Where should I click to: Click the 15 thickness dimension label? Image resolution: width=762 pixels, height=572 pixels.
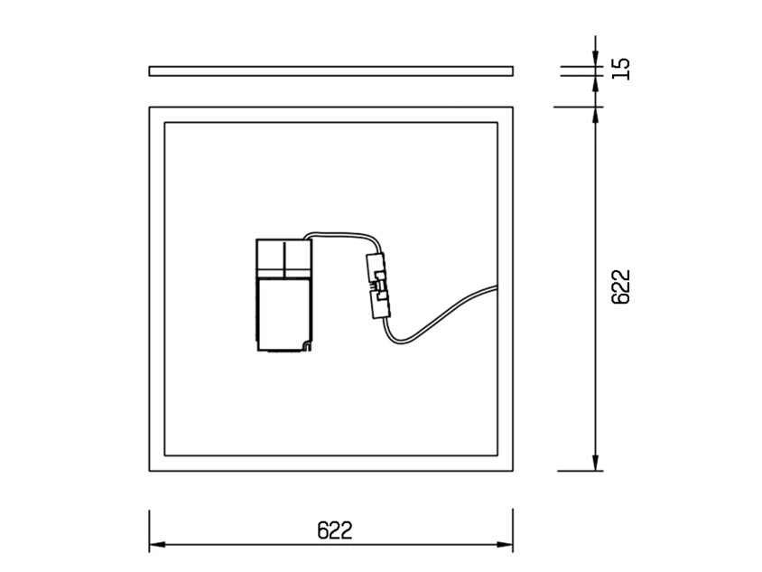[620, 69]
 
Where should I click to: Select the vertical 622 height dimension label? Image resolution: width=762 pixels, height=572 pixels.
[620, 287]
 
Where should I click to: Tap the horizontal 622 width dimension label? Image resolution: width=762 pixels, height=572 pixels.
[334, 530]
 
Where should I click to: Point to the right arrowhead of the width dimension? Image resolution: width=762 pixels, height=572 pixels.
[505, 544]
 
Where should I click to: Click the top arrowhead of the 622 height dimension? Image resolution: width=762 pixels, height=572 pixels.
[596, 115]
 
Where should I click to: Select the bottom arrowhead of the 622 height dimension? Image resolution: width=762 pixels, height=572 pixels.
[596, 463]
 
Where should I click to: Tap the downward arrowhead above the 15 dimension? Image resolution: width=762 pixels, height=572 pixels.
[596, 59]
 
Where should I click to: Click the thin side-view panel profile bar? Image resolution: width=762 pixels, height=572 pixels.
[331, 71]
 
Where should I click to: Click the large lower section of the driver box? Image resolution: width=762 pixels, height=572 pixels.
[283, 314]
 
